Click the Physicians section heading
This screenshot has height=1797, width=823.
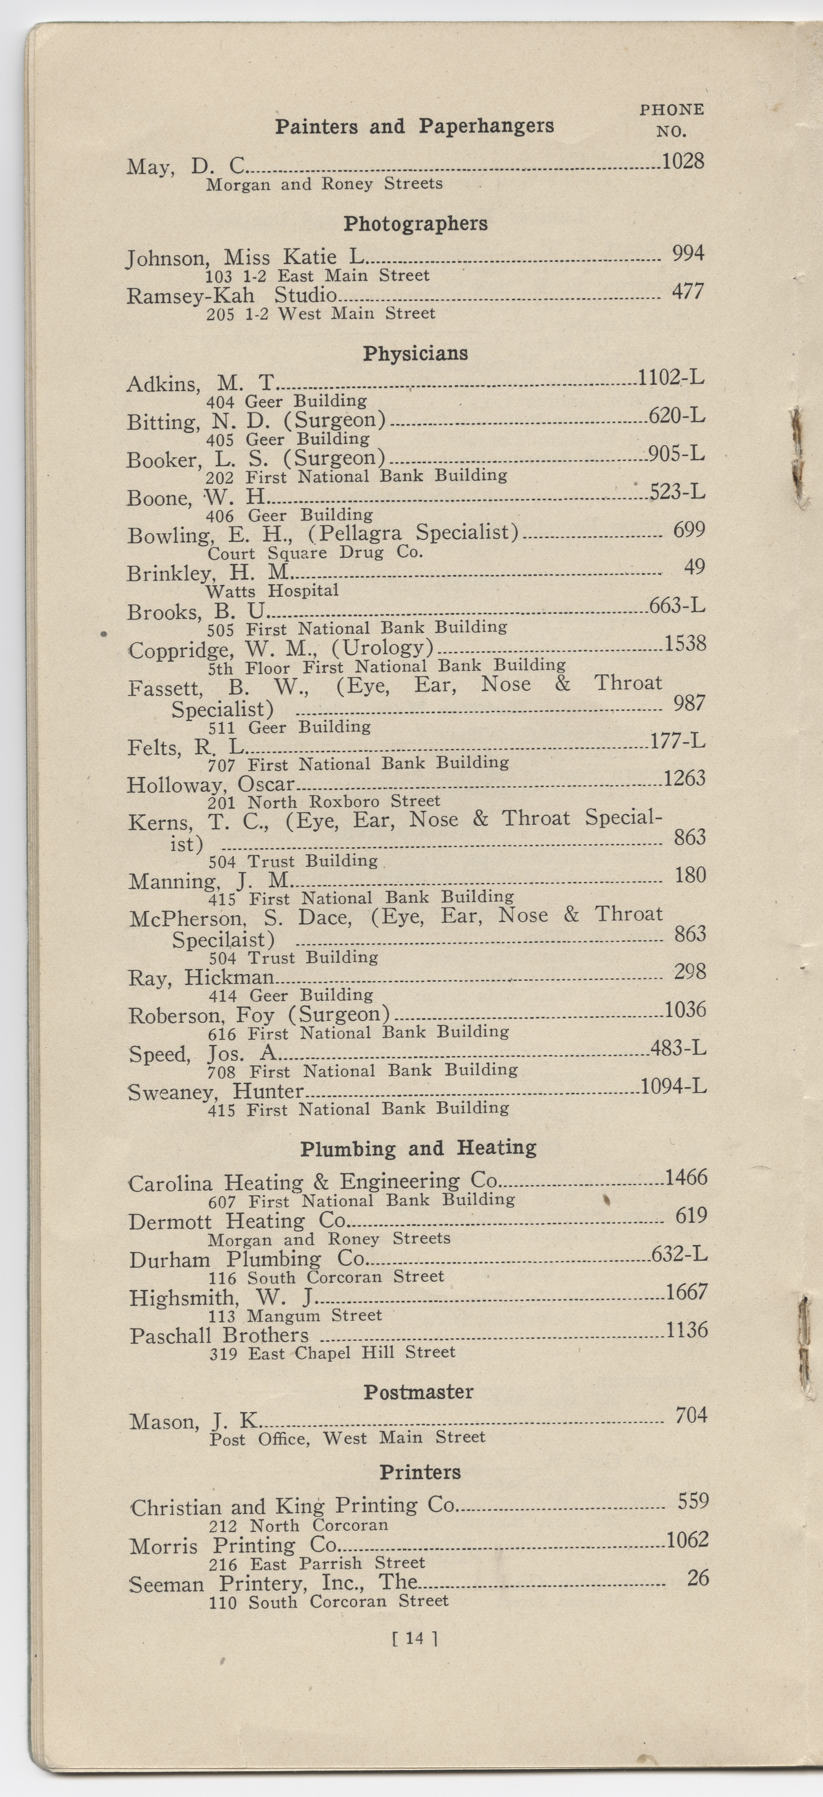click(415, 354)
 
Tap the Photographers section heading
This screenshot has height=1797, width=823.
click(415, 224)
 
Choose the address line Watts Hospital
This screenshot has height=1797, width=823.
click(272, 591)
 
